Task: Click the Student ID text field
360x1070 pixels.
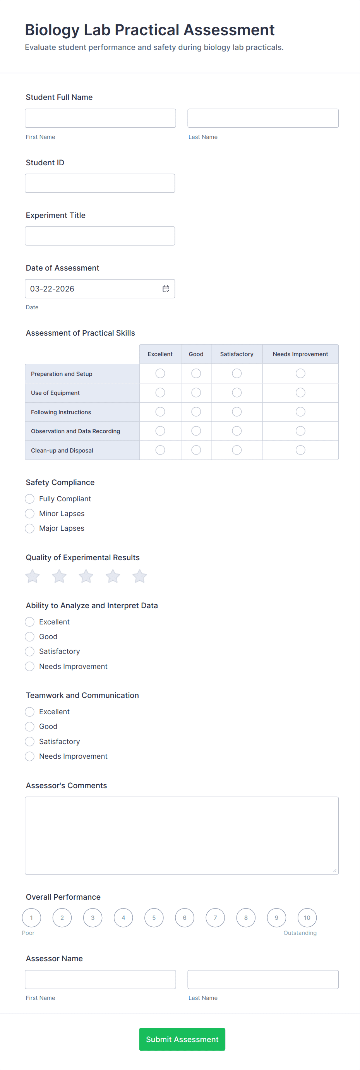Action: coord(99,183)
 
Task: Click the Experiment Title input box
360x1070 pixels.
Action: coord(99,236)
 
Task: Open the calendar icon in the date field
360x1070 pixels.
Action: coord(166,289)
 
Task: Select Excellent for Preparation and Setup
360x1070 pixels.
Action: coord(160,374)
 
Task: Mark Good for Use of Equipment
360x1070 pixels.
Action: coord(196,393)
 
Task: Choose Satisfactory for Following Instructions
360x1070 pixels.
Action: coord(237,412)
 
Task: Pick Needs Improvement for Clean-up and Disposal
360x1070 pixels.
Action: coord(300,450)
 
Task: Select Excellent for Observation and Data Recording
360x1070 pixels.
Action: coord(160,431)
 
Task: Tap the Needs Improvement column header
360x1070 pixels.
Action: coord(300,354)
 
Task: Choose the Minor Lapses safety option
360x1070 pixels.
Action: coord(29,514)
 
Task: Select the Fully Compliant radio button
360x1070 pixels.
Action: coord(29,499)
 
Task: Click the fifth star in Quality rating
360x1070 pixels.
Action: coord(139,576)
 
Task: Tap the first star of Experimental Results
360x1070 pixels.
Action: coord(33,576)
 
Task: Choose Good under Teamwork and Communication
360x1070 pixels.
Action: coord(29,727)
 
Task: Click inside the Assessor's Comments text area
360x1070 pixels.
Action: coord(182,835)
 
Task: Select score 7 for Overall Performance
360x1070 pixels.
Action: coord(215,917)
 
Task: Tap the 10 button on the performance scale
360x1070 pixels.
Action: coord(307,917)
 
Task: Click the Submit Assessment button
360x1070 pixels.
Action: coord(182,1039)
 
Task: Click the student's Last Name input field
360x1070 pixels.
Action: coord(263,118)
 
